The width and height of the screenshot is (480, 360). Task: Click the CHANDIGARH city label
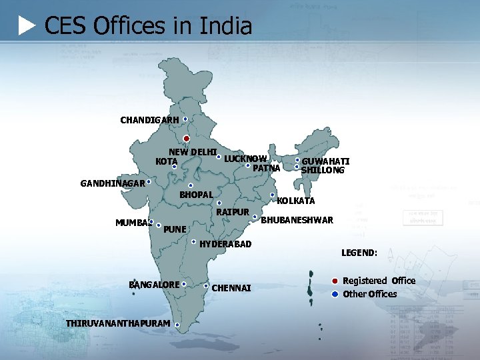pyautogui.click(x=149, y=121)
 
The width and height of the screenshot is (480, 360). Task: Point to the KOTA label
pyautogui.click(x=166, y=161)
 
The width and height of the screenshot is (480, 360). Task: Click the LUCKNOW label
pyautogui.click(x=245, y=159)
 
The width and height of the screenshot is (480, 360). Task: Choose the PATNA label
pyautogui.click(x=267, y=167)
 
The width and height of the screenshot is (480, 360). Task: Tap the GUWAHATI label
pyautogui.click(x=325, y=161)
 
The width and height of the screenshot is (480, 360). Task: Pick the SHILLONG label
pyautogui.click(x=323, y=170)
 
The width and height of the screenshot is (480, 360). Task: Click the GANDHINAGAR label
pyautogui.click(x=113, y=183)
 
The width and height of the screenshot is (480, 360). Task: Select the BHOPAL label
pyautogui.click(x=196, y=195)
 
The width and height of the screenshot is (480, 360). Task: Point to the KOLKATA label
pyautogui.click(x=296, y=201)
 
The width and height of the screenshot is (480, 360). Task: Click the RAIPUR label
pyautogui.click(x=233, y=212)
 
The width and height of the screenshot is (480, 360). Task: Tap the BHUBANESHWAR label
pyautogui.click(x=297, y=220)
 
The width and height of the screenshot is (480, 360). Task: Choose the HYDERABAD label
pyautogui.click(x=225, y=244)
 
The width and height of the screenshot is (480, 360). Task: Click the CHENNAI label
pyautogui.click(x=231, y=288)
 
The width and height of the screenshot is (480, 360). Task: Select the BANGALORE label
pyautogui.click(x=154, y=285)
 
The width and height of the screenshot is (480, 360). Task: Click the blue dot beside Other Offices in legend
pyautogui.click(x=335, y=294)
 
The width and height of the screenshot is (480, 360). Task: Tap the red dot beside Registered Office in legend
pyautogui.click(x=335, y=281)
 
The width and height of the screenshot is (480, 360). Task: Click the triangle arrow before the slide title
pyautogui.click(x=27, y=26)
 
